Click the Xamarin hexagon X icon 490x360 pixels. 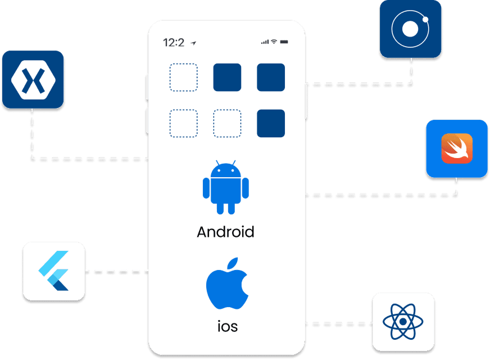point(33,80)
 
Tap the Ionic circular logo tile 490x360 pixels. point(410,29)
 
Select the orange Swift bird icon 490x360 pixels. point(456,149)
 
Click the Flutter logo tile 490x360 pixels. point(54,271)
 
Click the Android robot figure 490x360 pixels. point(225,187)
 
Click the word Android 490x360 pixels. point(225,232)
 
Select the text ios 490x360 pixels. point(227,326)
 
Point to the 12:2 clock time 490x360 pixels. point(174,43)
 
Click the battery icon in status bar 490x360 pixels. point(284,42)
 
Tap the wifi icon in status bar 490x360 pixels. point(274,42)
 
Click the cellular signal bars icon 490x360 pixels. point(265,42)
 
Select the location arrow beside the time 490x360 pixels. point(193,43)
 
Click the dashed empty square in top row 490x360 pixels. point(184,78)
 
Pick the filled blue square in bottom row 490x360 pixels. point(271,123)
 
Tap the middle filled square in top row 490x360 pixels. point(227,78)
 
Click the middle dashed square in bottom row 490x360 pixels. point(227,123)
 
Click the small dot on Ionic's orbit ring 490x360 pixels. point(425,20)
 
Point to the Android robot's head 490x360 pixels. point(225,169)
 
